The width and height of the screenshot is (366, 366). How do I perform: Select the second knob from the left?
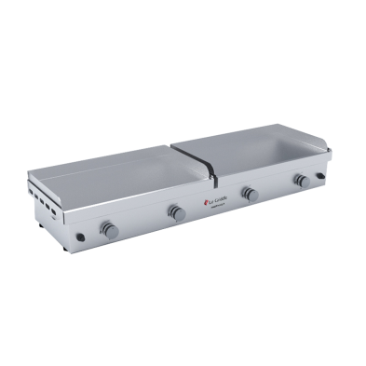click(x=177, y=212)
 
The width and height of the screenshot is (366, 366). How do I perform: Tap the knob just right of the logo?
click(x=249, y=194)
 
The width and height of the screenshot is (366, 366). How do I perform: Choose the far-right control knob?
click(x=300, y=181)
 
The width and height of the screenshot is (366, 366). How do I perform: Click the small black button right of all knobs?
click(x=322, y=176)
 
